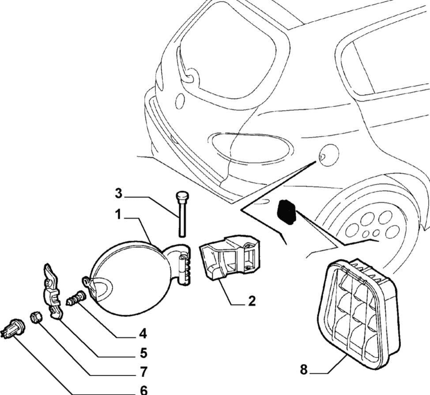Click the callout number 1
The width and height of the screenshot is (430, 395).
click(x=118, y=215)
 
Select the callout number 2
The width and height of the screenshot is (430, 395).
click(x=252, y=301)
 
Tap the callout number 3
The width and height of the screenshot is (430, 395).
click(x=118, y=193)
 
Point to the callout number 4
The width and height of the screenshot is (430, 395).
click(x=142, y=334)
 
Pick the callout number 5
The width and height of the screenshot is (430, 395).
click(x=143, y=354)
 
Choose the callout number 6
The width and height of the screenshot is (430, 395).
click(x=143, y=390)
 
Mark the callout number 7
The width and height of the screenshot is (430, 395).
click(x=143, y=372)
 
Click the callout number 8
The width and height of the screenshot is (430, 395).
click(x=304, y=369)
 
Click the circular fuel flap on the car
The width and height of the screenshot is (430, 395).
click(x=328, y=154)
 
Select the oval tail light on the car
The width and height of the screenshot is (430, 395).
click(x=251, y=145)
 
